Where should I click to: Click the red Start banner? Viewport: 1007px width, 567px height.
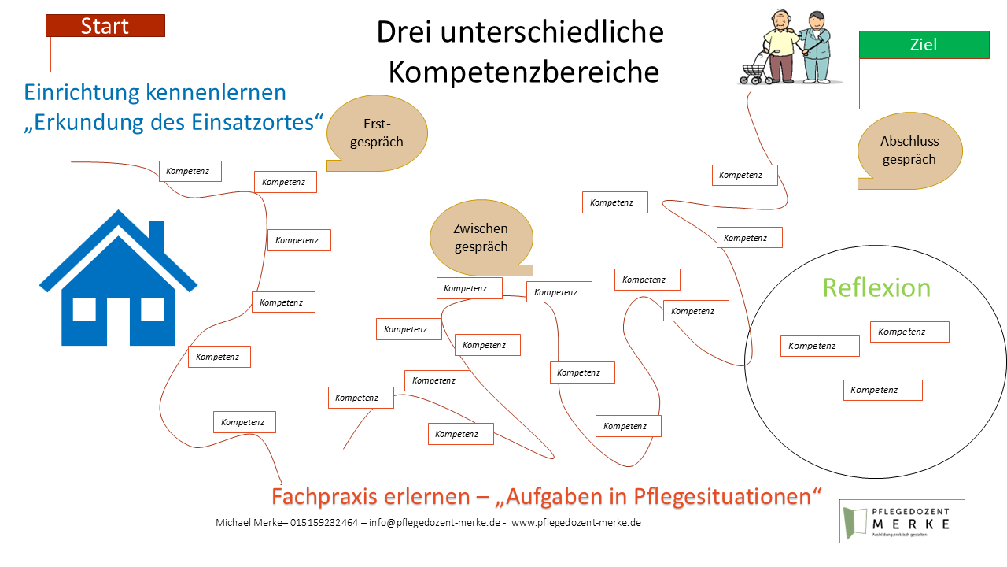105,26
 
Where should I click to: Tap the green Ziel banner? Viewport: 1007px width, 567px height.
924,45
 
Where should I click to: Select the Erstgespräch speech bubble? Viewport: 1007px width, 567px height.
378,133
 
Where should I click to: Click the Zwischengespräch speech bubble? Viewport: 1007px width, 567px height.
481,237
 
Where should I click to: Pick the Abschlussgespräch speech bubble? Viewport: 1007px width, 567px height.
909,150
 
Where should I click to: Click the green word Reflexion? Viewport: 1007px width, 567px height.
876,287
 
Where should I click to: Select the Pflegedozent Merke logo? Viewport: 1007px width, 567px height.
902,521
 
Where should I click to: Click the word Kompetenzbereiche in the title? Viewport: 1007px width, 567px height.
523,72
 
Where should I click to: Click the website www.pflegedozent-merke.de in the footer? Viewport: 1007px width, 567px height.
576,523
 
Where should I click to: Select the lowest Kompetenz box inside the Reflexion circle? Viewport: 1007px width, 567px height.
882,390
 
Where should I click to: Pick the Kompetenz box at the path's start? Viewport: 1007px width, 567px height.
190,171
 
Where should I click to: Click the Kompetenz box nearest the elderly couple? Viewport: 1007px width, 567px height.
744,175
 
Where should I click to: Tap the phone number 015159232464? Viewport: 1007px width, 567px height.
324,523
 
